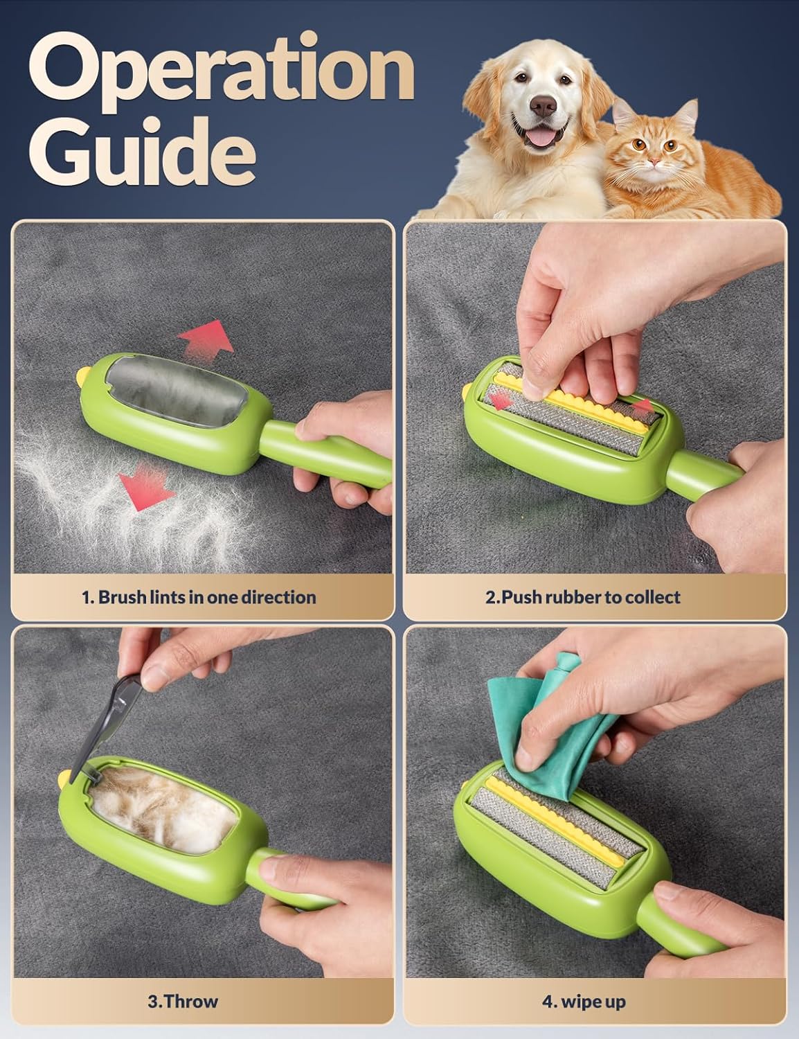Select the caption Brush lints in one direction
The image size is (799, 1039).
tap(198, 597)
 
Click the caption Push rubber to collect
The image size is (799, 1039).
tap(582, 597)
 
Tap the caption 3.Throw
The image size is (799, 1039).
tap(183, 1002)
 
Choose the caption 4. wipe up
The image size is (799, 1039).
tap(583, 1002)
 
